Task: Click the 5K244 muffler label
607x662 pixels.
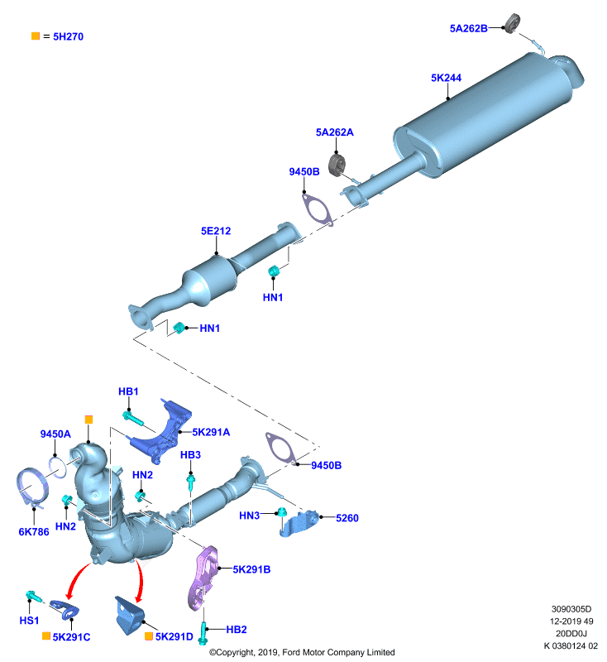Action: click(446, 78)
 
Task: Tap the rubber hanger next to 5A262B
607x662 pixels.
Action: click(513, 23)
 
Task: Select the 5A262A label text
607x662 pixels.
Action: click(334, 132)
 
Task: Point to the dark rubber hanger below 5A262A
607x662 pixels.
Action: click(337, 165)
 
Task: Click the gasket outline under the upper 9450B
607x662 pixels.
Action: click(318, 209)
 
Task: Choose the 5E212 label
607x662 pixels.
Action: click(216, 231)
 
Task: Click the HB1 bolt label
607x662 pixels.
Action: click(128, 391)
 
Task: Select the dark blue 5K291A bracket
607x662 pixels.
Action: click(162, 431)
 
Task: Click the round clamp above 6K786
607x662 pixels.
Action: click(31, 487)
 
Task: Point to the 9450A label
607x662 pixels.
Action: click(55, 434)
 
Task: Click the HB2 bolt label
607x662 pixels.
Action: click(237, 630)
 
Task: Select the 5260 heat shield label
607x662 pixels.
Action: click(347, 518)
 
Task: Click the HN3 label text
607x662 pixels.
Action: click(249, 516)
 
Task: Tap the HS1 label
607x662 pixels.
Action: click(29, 620)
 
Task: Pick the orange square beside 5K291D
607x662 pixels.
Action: click(149, 636)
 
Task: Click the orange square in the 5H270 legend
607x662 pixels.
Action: click(36, 36)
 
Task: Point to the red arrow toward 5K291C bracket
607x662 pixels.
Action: click(76, 579)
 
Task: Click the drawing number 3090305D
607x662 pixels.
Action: click(571, 609)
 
